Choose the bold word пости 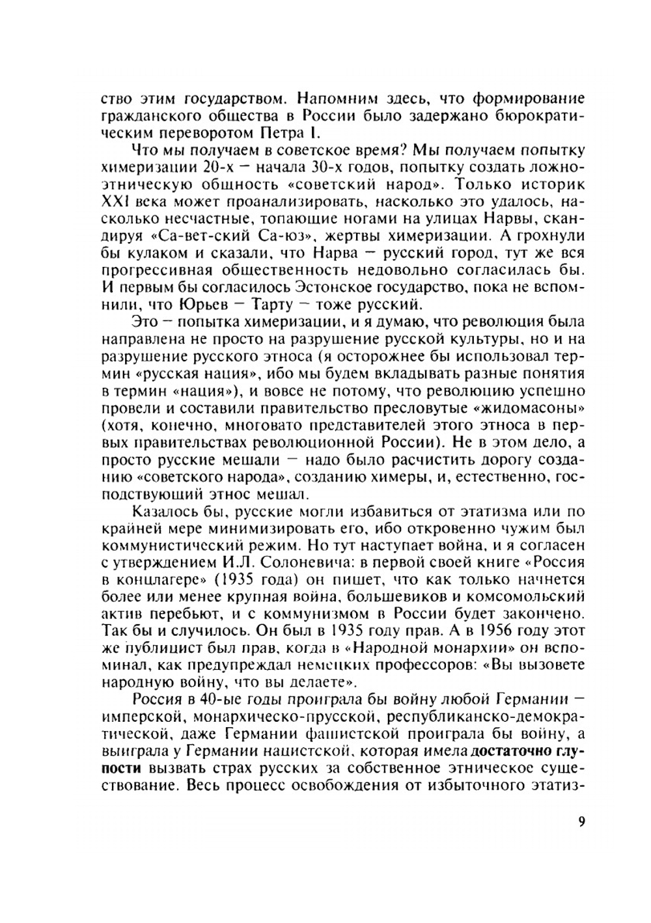coord(120,767)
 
